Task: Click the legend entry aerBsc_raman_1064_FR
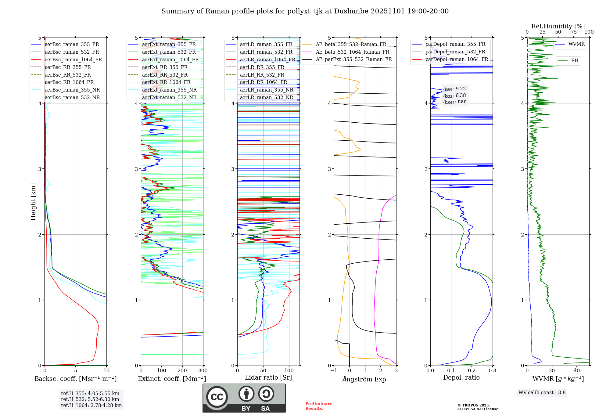[73, 60]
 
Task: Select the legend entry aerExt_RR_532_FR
[165, 75]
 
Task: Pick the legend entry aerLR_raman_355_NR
[266, 90]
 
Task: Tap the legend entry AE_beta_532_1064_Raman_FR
[352, 52]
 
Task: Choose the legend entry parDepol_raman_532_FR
[455, 52]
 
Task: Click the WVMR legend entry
[576, 44]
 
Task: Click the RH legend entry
[574, 61]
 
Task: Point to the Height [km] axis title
[33, 202]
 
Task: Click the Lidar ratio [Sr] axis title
[268, 377]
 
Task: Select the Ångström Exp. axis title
[365, 379]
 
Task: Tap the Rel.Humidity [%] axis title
[558, 26]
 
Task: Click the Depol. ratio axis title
[461, 377]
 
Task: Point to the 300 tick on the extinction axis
[203, 371]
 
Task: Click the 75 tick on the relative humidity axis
[573, 32]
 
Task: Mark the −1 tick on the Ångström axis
[334, 371]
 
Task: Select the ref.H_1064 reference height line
[91, 406]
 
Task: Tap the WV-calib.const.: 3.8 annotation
[542, 393]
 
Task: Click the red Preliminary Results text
[318, 406]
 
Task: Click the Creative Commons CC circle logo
[217, 397]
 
